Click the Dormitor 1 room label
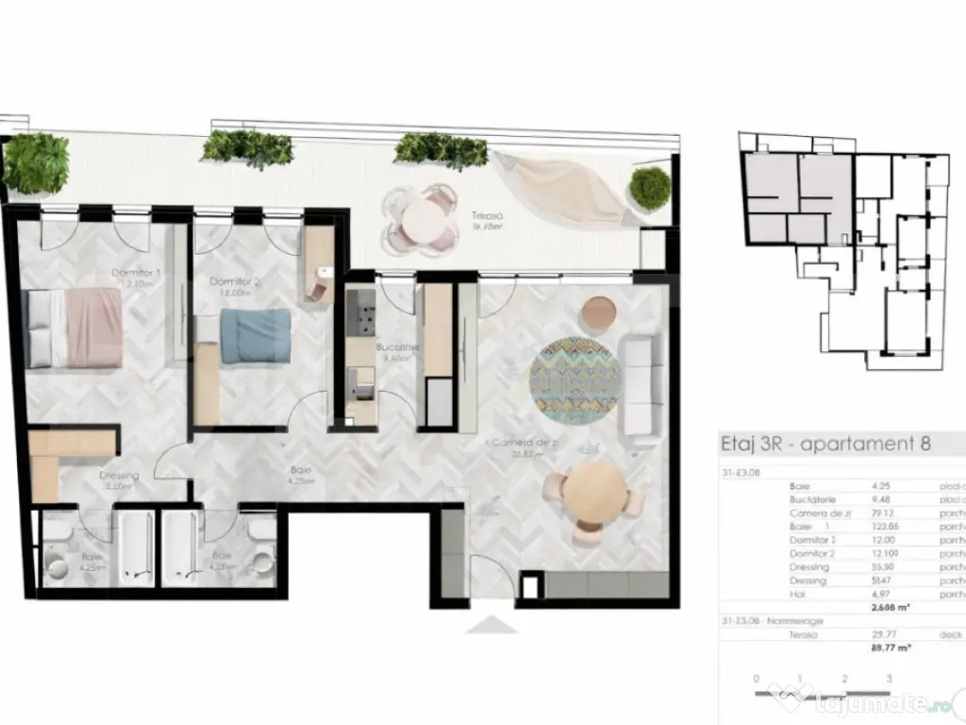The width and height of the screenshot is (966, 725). [137, 274]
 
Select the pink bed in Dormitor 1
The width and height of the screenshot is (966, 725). [75, 327]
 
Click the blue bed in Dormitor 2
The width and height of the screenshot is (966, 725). [256, 334]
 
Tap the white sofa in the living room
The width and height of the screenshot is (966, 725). [639, 388]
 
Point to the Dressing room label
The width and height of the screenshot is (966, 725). [119, 476]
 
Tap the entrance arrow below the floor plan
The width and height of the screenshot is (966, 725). [491, 625]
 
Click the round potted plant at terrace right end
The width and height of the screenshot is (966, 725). [650, 188]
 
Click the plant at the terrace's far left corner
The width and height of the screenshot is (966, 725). [36, 162]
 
